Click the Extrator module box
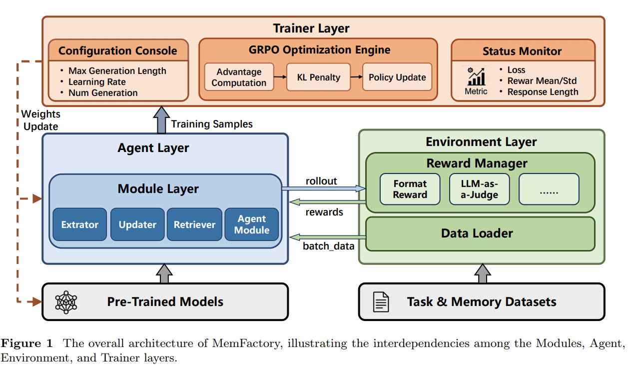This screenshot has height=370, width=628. (80, 224)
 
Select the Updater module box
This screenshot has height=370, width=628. (137, 224)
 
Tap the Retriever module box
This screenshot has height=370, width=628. (194, 224)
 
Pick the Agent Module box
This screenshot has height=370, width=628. (252, 224)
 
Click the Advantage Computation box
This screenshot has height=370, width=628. (239, 77)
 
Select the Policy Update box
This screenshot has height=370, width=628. (397, 77)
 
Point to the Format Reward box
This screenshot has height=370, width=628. (410, 189)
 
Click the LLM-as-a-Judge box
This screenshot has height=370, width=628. (479, 189)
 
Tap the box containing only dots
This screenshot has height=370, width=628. (549, 189)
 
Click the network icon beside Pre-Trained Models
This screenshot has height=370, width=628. (66, 301)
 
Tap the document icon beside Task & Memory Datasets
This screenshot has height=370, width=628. (381, 301)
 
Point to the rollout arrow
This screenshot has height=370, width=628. (324, 188)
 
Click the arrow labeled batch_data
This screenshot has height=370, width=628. (327, 236)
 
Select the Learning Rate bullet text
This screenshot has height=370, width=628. (97, 82)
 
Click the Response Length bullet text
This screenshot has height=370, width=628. (543, 92)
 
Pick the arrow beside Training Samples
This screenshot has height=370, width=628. (161, 120)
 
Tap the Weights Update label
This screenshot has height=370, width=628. (40, 120)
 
